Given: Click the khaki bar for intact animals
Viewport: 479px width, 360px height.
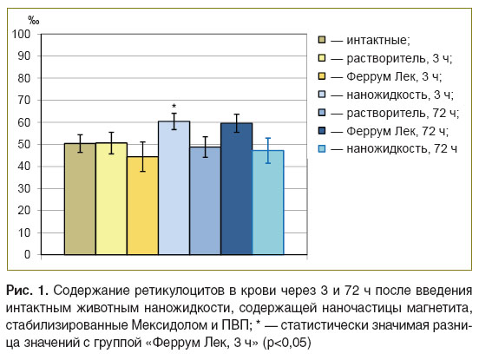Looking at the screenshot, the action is tap(80, 199).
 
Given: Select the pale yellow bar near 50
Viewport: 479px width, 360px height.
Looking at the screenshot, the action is tap(111, 199).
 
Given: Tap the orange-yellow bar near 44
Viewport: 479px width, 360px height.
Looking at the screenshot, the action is tap(142, 206).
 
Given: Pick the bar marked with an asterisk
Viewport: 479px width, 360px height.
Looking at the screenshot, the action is tap(174, 187).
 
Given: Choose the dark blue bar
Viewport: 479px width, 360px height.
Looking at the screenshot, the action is tap(236, 189).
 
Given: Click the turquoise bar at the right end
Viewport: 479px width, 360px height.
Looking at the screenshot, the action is tap(268, 202).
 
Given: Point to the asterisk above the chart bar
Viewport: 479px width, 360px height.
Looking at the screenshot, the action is tap(174, 106).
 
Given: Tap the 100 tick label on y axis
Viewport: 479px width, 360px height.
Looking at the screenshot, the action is tap(22, 34).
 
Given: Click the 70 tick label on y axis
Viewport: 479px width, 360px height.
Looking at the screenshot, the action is tap(23, 100).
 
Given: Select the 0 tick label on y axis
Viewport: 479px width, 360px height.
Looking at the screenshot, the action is tap(28, 255).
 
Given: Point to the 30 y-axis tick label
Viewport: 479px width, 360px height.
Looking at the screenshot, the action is tap(23, 188).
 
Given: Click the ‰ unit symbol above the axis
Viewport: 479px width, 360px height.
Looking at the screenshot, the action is tap(33, 21).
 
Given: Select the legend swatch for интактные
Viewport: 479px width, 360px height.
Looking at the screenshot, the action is tap(322, 40).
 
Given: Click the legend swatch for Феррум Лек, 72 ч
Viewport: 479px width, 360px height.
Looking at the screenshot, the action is tap(322, 131).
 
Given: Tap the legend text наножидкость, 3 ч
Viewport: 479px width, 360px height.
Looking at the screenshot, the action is tap(400, 95).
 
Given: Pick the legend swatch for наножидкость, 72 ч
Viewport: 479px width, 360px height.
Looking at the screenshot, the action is tap(322, 149).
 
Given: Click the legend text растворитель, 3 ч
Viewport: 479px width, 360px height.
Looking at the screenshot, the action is tap(399, 59).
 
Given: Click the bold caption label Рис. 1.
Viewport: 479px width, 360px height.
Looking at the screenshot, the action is tap(27, 291).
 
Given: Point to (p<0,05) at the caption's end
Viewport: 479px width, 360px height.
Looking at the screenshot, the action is tap(287, 343).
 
